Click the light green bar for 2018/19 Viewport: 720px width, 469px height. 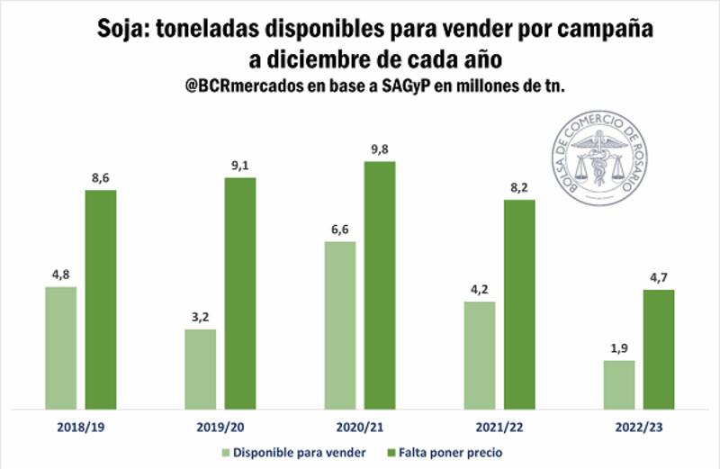60,348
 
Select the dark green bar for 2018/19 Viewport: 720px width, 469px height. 101,300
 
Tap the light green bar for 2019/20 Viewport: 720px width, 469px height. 200,369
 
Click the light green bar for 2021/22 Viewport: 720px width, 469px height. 479,356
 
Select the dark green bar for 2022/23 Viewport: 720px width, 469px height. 659,349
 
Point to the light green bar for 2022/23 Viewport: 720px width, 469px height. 618,385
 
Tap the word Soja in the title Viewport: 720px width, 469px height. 121,31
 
